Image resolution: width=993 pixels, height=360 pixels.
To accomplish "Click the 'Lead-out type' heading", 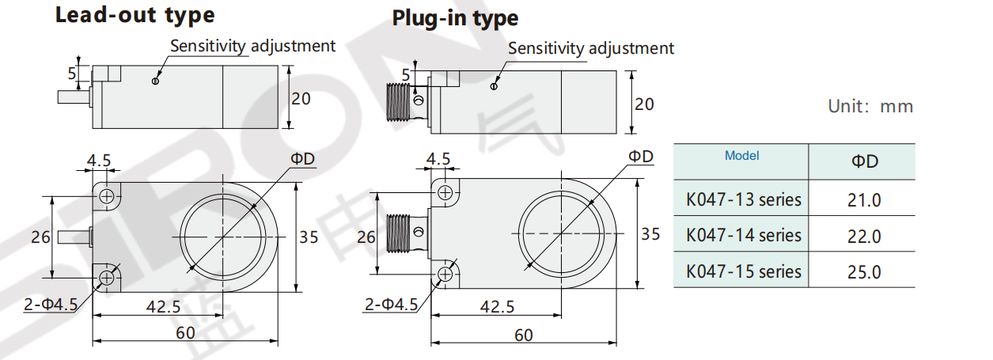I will [135, 15].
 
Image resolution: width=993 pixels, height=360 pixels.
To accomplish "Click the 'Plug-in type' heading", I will [456, 18].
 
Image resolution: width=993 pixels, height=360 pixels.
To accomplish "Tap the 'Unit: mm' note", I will [870, 106].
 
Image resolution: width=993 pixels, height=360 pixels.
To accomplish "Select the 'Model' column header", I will [741, 156].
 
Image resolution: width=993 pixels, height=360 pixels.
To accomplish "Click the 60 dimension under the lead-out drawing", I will [185, 333].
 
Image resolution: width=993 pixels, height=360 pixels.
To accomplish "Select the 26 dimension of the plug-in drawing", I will [366, 237].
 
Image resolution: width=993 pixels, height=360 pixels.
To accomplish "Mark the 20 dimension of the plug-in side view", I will [645, 104].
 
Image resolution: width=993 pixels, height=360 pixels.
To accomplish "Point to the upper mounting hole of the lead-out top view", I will [107, 195].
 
